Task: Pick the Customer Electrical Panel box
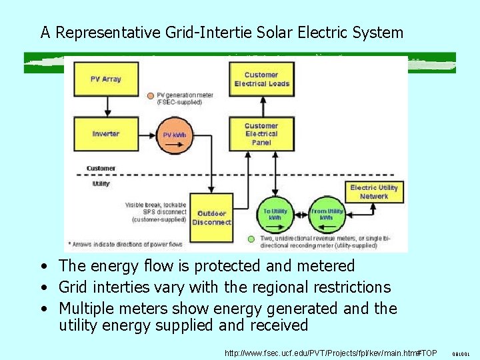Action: [x=261, y=133]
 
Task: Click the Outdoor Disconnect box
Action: [x=211, y=217]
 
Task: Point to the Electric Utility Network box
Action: [x=373, y=192]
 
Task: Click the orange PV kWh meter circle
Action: [x=175, y=135]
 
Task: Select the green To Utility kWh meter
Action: [x=275, y=214]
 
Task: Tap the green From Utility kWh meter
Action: [x=326, y=214]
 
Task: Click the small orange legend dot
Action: [x=151, y=95]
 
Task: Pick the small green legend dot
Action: [x=251, y=239]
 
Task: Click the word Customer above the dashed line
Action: [x=101, y=168]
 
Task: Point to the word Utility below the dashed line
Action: [x=100, y=183]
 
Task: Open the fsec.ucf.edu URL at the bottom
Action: [x=331, y=352]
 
